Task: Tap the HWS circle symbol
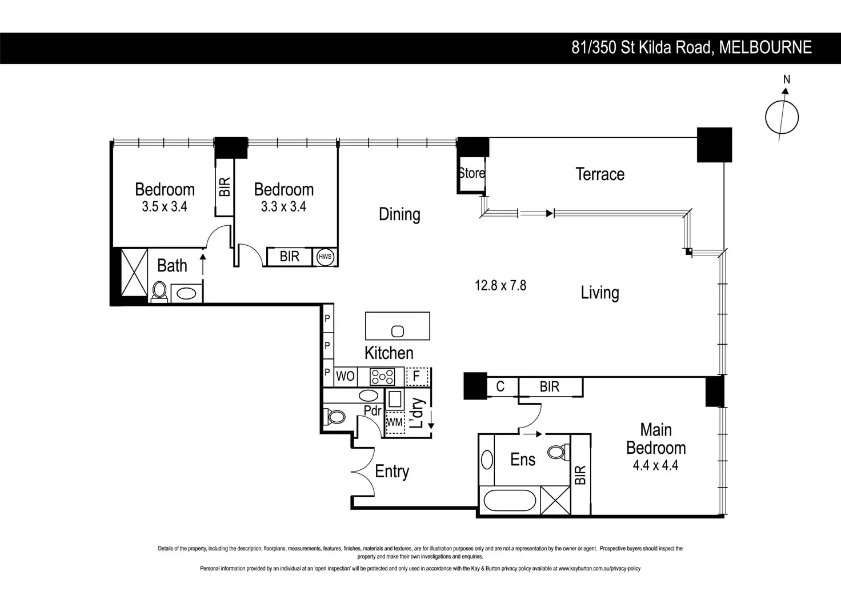pyautogui.click(x=325, y=257)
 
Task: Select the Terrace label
pyautogui.click(x=599, y=174)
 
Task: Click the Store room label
pyautogui.click(x=471, y=173)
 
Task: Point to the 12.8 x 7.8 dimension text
pyautogui.click(x=500, y=285)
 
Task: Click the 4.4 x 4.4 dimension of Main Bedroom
pyautogui.click(x=655, y=465)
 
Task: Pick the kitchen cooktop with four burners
pyautogui.click(x=382, y=376)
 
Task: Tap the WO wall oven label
pyautogui.click(x=345, y=376)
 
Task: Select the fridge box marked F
pyautogui.click(x=417, y=376)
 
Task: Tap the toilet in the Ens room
pyautogui.click(x=556, y=452)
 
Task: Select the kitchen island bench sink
pyautogui.click(x=398, y=331)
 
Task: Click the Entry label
pyautogui.click(x=392, y=472)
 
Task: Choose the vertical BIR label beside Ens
pyautogui.click(x=580, y=475)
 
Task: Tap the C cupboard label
pyautogui.click(x=500, y=387)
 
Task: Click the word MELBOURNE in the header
pyautogui.click(x=765, y=47)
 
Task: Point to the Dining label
pyautogui.click(x=399, y=214)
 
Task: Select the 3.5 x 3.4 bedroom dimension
pyautogui.click(x=165, y=207)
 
